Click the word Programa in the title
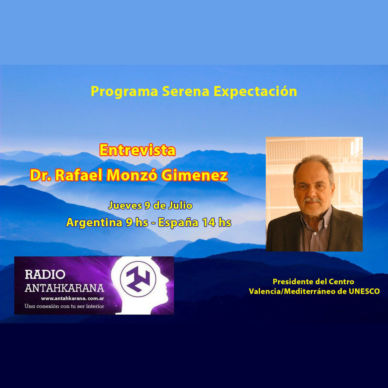tap(124, 92)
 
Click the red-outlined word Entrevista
tap(137, 150)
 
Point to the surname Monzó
tap(132, 175)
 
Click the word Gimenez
tap(195, 175)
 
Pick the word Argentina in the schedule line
tap(94, 223)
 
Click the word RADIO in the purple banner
tap(45, 275)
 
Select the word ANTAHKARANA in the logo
tap(64, 288)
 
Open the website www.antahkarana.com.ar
tap(73, 298)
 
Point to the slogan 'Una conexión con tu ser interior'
tap(64, 306)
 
